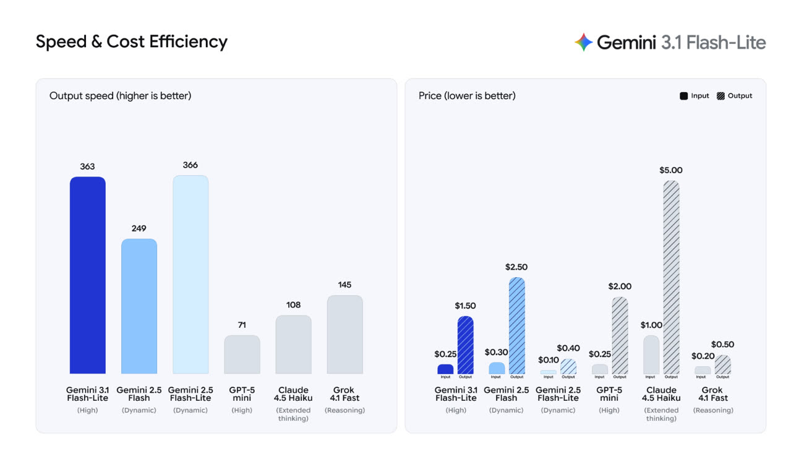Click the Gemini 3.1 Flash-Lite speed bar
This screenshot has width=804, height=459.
pos(88,275)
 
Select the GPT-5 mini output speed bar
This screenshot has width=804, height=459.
pos(242,354)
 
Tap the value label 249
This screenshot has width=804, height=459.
pos(139,228)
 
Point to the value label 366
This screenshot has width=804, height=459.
pos(190,165)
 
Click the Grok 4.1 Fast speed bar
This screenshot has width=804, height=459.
pos(344,334)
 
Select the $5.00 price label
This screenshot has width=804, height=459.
pos(671,170)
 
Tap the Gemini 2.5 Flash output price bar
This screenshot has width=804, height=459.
pos(516,325)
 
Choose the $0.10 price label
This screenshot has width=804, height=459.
pos(549,360)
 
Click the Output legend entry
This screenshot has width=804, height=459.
pos(734,96)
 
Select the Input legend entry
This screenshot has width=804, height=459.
pos(695,96)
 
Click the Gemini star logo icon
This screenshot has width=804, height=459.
pos(583,42)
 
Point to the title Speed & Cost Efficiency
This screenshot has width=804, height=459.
pos(132,41)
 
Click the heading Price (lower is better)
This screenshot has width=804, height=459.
pos(467,96)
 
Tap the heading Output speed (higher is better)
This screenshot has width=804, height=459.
pos(121,96)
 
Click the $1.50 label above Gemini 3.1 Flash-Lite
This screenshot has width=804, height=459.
pos(465,306)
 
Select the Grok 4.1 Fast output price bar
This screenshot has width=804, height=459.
pos(722,364)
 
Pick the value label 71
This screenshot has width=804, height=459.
pos(242,325)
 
